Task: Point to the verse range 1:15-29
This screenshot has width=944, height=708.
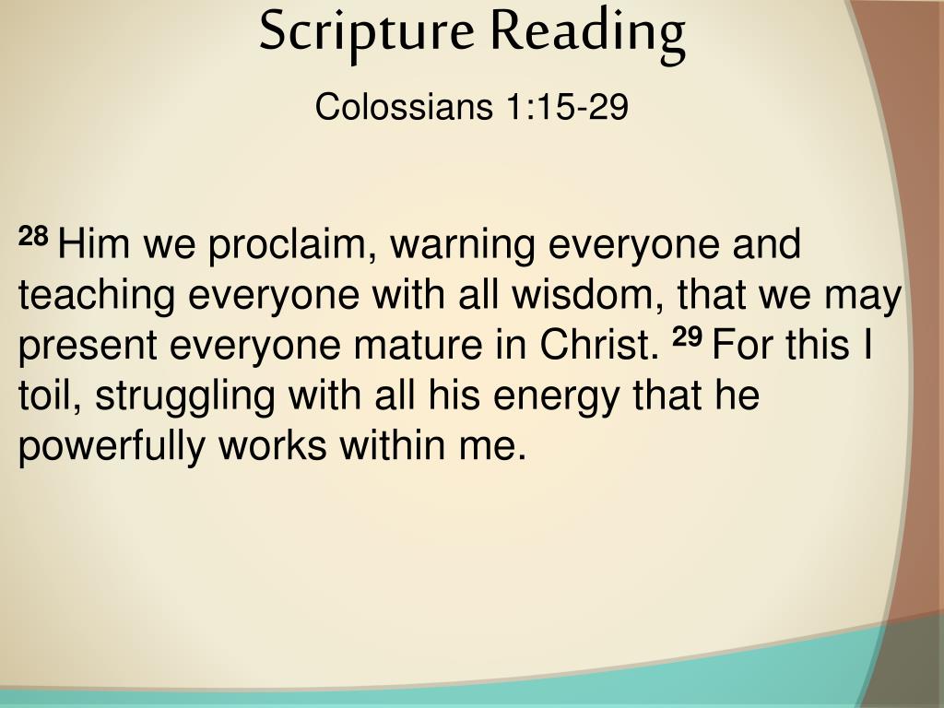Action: coord(567,107)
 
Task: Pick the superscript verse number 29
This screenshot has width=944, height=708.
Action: coord(687,337)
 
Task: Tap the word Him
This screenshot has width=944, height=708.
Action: coord(93,243)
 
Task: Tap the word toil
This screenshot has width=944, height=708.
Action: coord(50,396)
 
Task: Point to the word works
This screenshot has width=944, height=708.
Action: coord(273,446)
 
